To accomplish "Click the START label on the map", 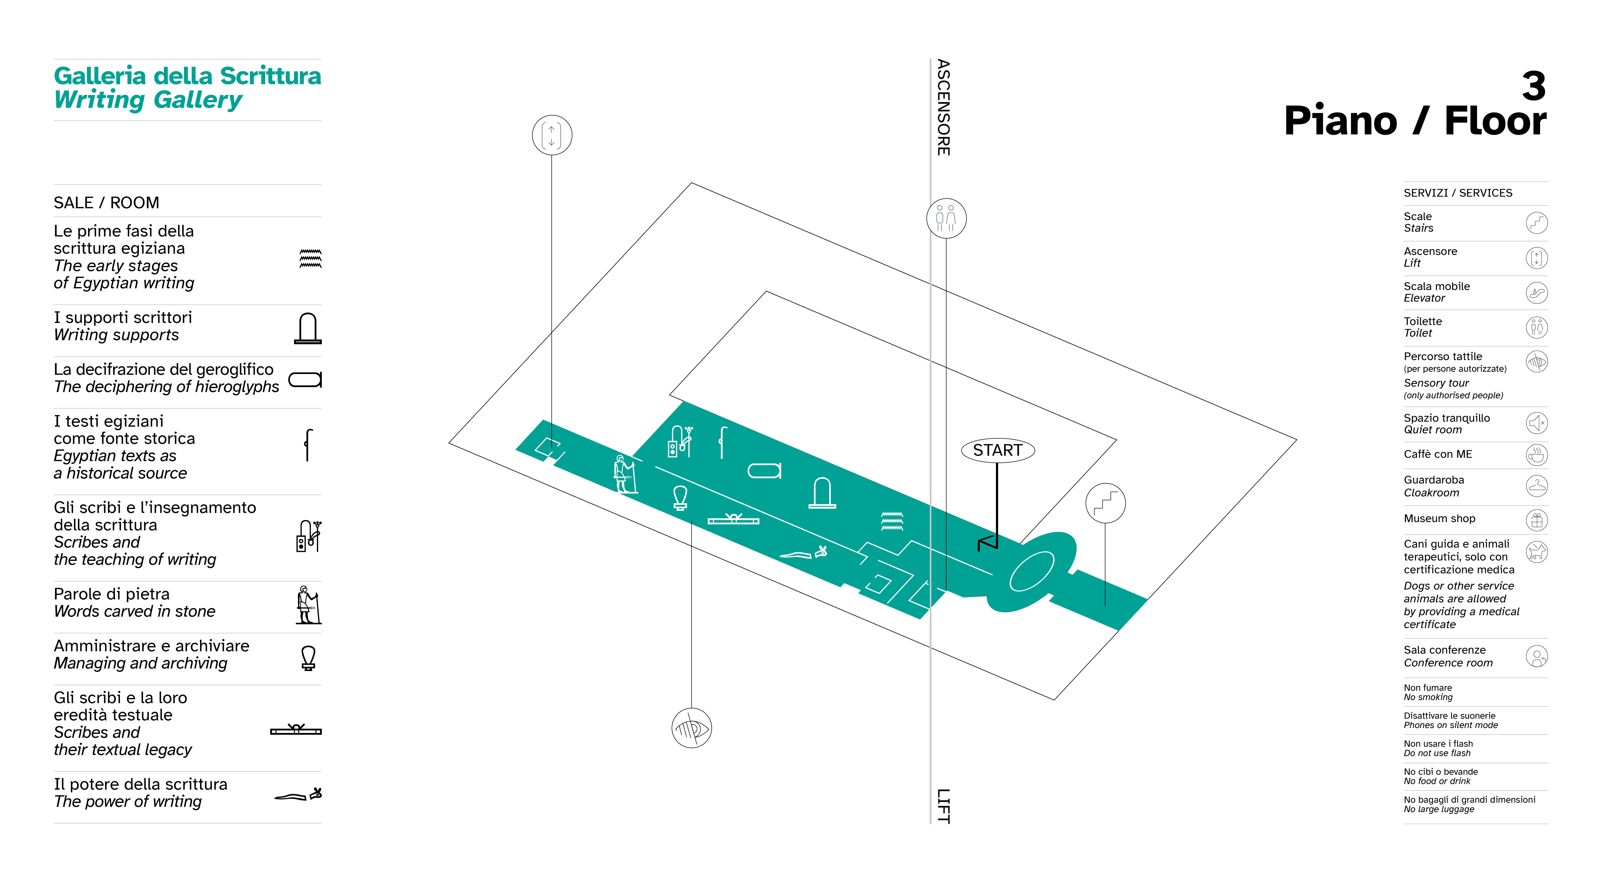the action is pyautogui.click(x=998, y=450).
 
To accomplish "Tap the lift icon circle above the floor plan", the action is pyautogui.click(x=552, y=135).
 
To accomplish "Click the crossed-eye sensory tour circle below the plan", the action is pyautogui.click(x=692, y=728).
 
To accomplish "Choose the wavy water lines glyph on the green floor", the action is pyautogui.click(x=892, y=521).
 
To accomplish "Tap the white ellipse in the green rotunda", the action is pyautogui.click(x=1032, y=571).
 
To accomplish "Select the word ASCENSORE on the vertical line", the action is pyautogui.click(x=943, y=107).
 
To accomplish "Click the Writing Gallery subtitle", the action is pyautogui.click(x=148, y=99).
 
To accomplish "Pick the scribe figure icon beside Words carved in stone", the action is pyautogui.click(x=308, y=605).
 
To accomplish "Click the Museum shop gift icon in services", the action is pyautogui.click(x=1537, y=520).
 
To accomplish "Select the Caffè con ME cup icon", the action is pyautogui.click(x=1537, y=455).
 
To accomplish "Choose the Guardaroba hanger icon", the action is pyautogui.click(x=1537, y=486).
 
